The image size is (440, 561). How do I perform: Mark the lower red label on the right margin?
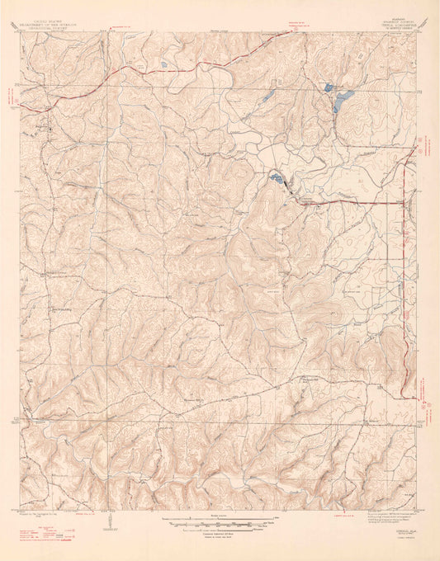pyautogui.click(x=428, y=402)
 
